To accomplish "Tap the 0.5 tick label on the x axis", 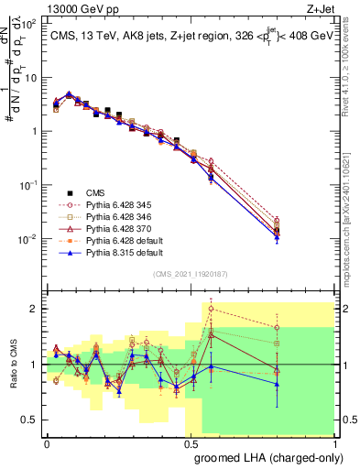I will tap(190, 442).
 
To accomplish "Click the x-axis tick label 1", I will tap(335, 442).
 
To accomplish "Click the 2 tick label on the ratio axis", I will tap(34, 309).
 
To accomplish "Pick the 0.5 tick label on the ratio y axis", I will tap(29, 420).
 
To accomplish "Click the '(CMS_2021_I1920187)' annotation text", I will tap(190, 272).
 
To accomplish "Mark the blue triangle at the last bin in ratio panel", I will tap(277, 384).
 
